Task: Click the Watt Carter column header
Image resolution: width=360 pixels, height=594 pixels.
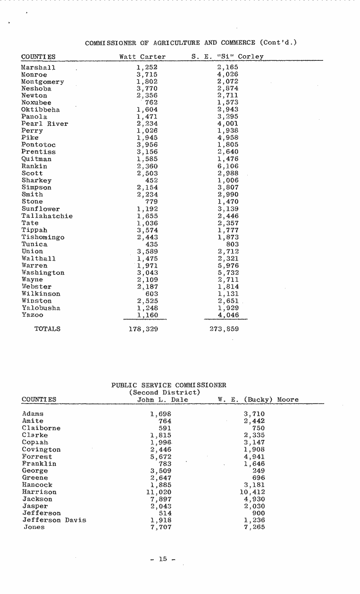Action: (x=142, y=57)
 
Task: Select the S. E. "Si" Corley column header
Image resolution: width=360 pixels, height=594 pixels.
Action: (x=227, y=57)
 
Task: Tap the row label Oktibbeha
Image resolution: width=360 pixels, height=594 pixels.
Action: (x=41, y=109)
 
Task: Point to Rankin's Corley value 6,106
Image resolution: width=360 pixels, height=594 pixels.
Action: (x=228, y=166)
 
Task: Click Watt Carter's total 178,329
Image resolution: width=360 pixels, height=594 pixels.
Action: (x=143, y=329)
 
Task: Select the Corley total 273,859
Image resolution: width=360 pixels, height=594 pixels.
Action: (x=224, y=329)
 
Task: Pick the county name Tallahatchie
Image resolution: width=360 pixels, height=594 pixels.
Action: (x=47, y=216)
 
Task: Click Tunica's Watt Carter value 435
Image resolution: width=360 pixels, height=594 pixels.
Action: (x=151, y=244)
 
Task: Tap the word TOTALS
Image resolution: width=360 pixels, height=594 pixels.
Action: (x=48, y=329)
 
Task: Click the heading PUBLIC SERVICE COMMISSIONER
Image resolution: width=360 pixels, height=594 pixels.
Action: (x=169, y=385)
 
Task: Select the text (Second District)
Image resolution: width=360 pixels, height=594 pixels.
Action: (x=165, y=392)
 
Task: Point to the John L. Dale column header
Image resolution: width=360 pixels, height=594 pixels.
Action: (x=162, y=400)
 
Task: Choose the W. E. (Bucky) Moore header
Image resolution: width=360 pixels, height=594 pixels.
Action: (x=258, y=400)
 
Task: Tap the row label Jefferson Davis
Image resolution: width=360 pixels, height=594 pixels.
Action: (x=54, y=520)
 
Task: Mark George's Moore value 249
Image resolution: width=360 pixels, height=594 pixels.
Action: (x=259, y=470)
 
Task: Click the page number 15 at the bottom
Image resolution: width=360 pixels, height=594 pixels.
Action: (x=163, y=559)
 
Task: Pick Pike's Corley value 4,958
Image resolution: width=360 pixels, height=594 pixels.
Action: (x=228, y=138)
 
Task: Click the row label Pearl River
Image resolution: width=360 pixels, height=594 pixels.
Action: (x=45, y=124)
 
